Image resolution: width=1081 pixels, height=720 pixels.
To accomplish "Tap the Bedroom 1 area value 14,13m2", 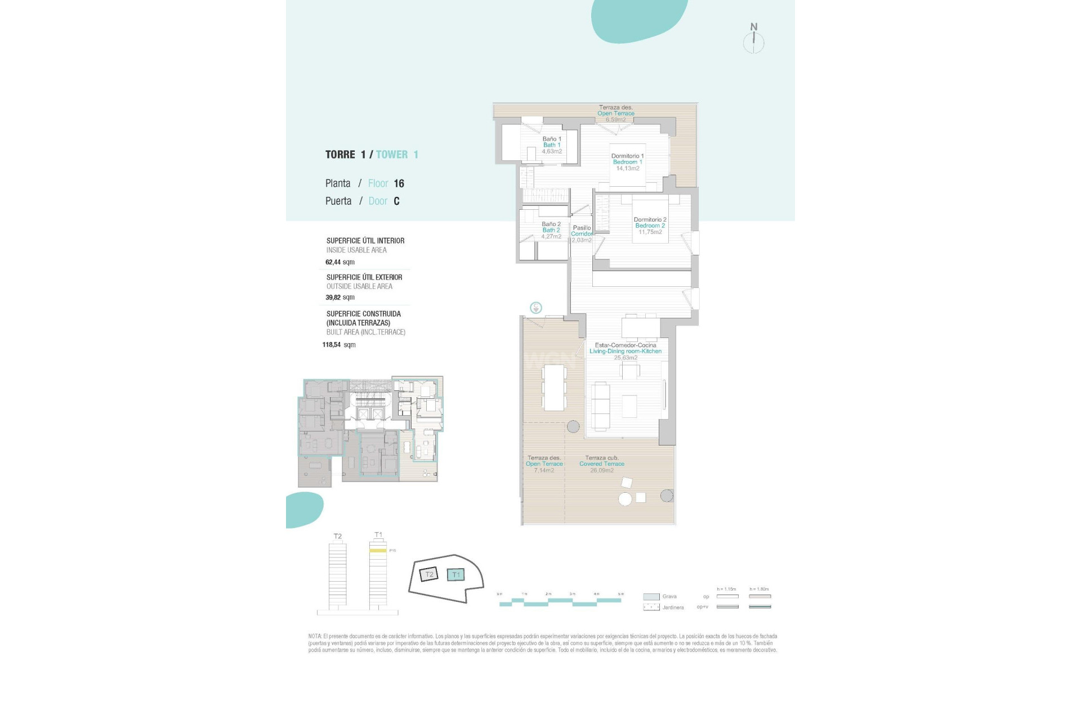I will [628, 168].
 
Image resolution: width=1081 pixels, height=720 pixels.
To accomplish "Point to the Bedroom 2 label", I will [650, 226].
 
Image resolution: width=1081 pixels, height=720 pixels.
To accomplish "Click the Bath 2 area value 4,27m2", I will [551, 236].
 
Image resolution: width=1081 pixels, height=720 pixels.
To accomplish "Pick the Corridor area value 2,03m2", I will [582, 240].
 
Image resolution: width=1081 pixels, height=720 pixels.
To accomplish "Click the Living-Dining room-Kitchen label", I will [626, 351].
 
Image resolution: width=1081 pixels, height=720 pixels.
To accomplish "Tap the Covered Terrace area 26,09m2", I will [602, 470].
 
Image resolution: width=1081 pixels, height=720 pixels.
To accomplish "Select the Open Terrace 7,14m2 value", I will [544, 470].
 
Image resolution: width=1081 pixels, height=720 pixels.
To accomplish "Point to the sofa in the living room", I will [600, 406].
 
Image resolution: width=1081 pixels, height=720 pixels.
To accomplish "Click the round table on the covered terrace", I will [625, 498].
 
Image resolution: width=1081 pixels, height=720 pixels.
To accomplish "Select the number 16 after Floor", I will [399, 183].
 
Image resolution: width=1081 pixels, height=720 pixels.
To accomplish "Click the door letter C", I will [396, 201].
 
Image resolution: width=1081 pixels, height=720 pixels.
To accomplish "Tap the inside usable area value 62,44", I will [333, 262].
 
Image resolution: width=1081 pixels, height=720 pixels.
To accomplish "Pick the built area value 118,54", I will [332, 345].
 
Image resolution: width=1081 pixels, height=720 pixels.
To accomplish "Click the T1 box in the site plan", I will [456, 574].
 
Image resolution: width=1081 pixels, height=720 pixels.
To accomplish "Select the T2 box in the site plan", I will [429, 574].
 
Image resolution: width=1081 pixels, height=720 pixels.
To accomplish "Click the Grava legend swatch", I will [651, 596].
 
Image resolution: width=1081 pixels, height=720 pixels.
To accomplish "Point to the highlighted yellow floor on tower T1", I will [378, 551].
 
